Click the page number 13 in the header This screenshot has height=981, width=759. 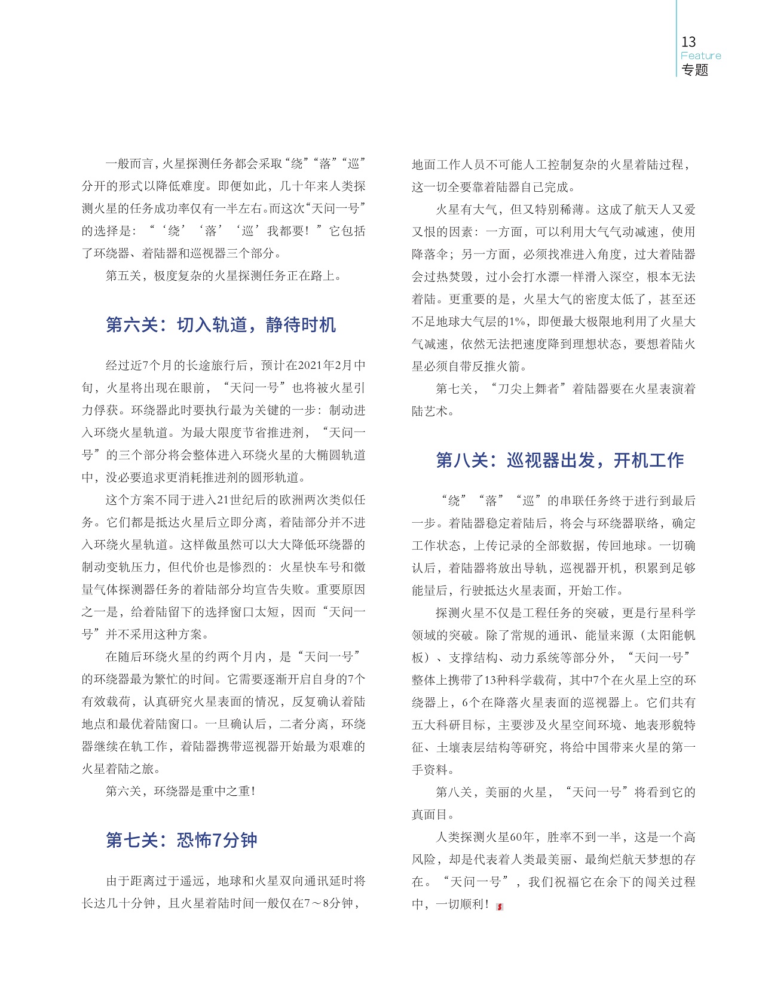click(x=688, y=42)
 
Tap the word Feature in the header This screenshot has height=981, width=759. click(x=700, y=56)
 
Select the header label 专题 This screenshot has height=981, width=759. click(x=694, y=70)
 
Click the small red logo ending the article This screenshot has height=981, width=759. click(x=500, y=906)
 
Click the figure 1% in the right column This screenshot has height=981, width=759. click(x=517, y=322)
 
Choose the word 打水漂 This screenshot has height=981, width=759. click(x=555, y=277)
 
